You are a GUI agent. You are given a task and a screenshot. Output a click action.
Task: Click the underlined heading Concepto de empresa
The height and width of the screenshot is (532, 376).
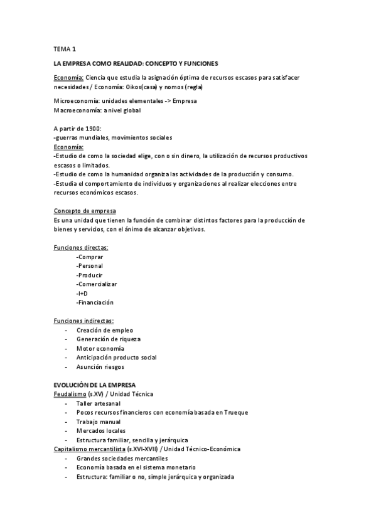tap(85, 211)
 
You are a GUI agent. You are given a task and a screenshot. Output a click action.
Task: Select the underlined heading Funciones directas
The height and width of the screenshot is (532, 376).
tap(81, 247)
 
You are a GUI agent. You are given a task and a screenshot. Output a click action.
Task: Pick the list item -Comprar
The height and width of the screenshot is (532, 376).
tap(90, 257)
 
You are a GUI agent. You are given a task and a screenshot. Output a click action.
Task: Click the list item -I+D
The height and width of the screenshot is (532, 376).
tap(82, 293)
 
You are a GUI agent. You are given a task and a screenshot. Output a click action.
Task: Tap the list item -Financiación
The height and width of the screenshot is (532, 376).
tap(95, 302)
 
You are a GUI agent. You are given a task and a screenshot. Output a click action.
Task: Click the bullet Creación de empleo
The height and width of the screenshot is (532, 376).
tap(105, 330)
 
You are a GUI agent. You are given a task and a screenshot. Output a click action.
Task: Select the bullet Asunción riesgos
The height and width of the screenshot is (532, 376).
tap(100, 366)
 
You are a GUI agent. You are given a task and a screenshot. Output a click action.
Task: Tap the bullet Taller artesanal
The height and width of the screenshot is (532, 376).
tap(99, 403)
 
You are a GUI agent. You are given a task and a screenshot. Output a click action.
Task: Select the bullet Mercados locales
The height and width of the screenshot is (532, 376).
tap(101, 430)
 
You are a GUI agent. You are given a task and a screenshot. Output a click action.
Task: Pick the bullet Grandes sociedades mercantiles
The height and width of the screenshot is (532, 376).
tap(121, 459)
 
